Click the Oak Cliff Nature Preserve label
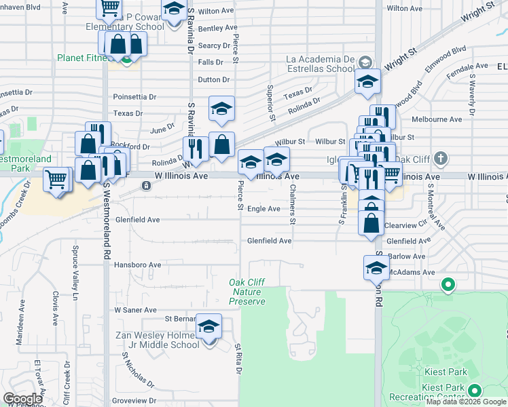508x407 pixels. tap(247, 292)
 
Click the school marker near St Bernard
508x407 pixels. tap(209, 326)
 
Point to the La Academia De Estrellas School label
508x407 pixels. tap(320, 64)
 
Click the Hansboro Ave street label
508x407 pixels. tap(137, 265)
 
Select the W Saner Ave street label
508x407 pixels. tap(136, 309)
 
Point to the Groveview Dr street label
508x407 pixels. tap(133, 401)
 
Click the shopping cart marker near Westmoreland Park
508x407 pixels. tap(58, 180)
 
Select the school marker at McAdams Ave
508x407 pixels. tap(376, 268)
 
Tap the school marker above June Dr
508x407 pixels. tap(221, 109)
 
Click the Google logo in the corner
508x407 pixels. tap(23, 399)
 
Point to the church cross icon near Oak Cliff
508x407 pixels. tap(441, 159)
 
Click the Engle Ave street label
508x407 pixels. tap(264, 209)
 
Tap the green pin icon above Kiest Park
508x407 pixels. tap(448, 285)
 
